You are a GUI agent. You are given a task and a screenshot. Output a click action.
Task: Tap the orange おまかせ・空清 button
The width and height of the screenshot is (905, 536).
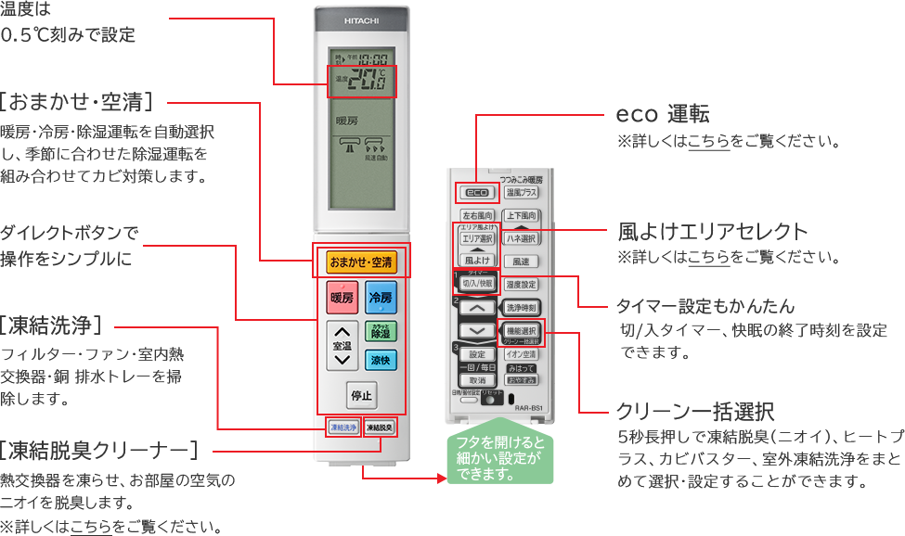coord(361,262)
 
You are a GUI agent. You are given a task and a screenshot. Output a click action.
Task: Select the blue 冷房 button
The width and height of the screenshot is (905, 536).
coord(381,298)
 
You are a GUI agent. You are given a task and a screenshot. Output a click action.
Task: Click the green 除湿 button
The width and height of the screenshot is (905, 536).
coord(381,332)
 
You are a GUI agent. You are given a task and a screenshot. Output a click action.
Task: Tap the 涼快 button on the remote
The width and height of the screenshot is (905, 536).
coord(381,360)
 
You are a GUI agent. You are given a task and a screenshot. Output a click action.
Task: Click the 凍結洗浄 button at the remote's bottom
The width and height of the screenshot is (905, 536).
coord(342,428)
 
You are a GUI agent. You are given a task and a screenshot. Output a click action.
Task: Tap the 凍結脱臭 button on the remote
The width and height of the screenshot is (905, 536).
coord(379,428)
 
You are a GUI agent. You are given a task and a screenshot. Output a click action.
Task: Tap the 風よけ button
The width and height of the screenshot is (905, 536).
coord(476,262)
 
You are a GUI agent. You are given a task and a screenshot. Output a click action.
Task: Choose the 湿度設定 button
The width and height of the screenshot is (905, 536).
coord(522,284)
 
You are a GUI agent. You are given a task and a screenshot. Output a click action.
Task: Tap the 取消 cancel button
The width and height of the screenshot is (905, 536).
coord(476,380)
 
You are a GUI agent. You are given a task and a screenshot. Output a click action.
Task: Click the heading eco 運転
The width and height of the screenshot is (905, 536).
coord(663,115)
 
